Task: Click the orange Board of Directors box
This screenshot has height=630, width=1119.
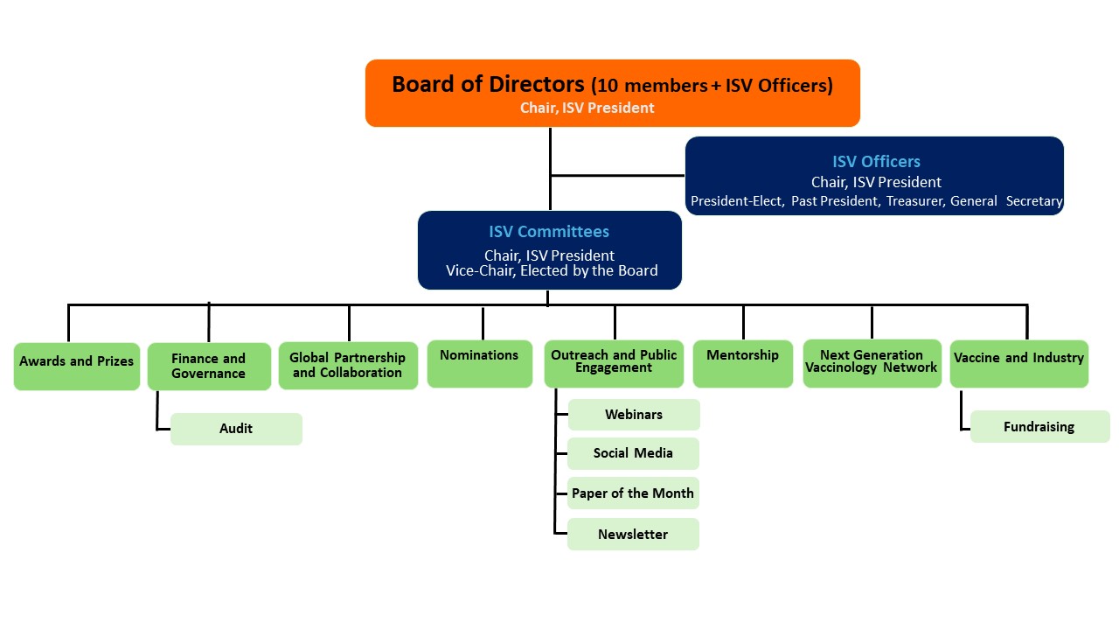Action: click(x=612, y=93)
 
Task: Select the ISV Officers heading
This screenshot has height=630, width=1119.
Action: click(x=876, y=161)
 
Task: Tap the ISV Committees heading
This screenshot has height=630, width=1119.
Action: click(x=549, y=232)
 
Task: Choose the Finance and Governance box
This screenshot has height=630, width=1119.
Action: click(x=209, y=366)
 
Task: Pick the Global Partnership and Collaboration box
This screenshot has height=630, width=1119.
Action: click(x=348, y=365)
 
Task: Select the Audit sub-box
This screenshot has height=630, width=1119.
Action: click(x=236, y=429)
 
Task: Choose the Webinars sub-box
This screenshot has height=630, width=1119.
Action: click(x=634, y=415)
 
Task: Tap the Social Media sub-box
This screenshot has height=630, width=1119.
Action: click(x=633, y=453)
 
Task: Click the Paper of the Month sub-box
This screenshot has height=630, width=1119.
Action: click(x=633, y=493)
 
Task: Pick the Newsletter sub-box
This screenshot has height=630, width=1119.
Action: click(x=633, y=534)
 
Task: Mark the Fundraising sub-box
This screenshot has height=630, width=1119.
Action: click(x=1039, y=427)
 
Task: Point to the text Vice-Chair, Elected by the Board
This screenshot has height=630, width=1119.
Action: click(x=552, y=270)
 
